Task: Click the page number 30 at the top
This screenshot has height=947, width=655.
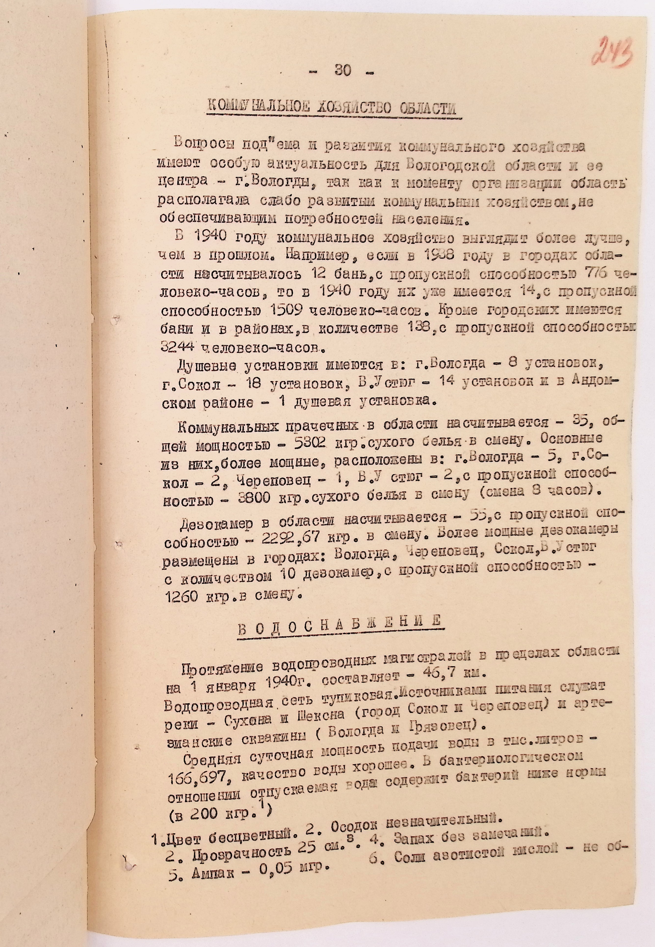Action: (343, 70)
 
